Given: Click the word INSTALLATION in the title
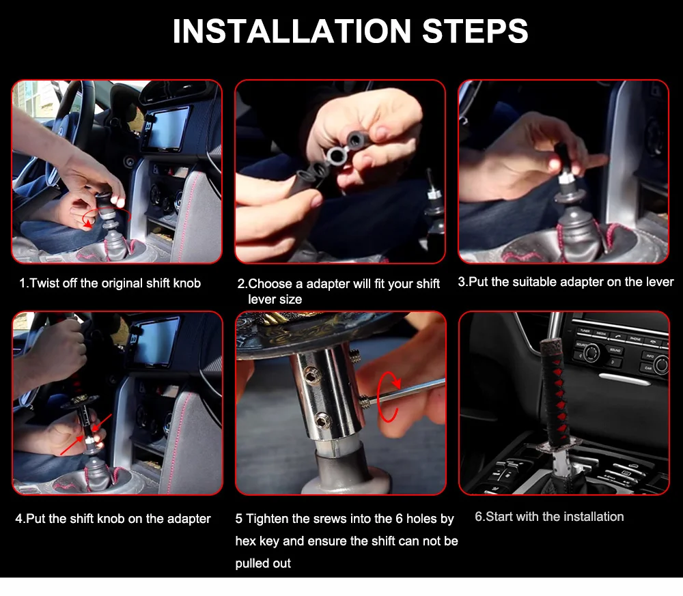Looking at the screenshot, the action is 292,31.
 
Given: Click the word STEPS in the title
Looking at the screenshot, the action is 475,31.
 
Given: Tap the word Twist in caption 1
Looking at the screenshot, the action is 45,283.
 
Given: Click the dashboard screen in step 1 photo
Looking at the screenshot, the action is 170,129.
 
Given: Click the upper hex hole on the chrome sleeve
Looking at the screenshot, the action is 311,374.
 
